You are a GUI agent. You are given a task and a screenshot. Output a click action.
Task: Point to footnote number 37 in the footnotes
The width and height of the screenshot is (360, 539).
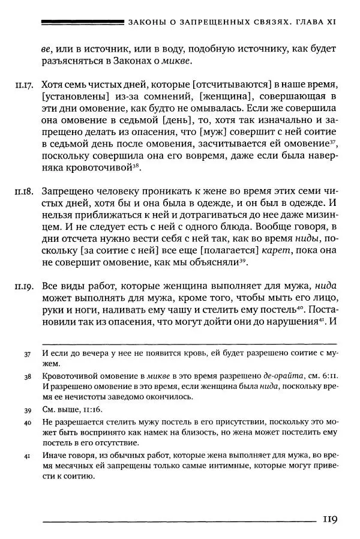(28, 354)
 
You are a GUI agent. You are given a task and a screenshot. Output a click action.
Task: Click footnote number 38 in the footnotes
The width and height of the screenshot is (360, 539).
(28, 377)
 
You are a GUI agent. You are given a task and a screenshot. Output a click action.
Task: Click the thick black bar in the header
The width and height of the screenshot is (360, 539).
(81, 22)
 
